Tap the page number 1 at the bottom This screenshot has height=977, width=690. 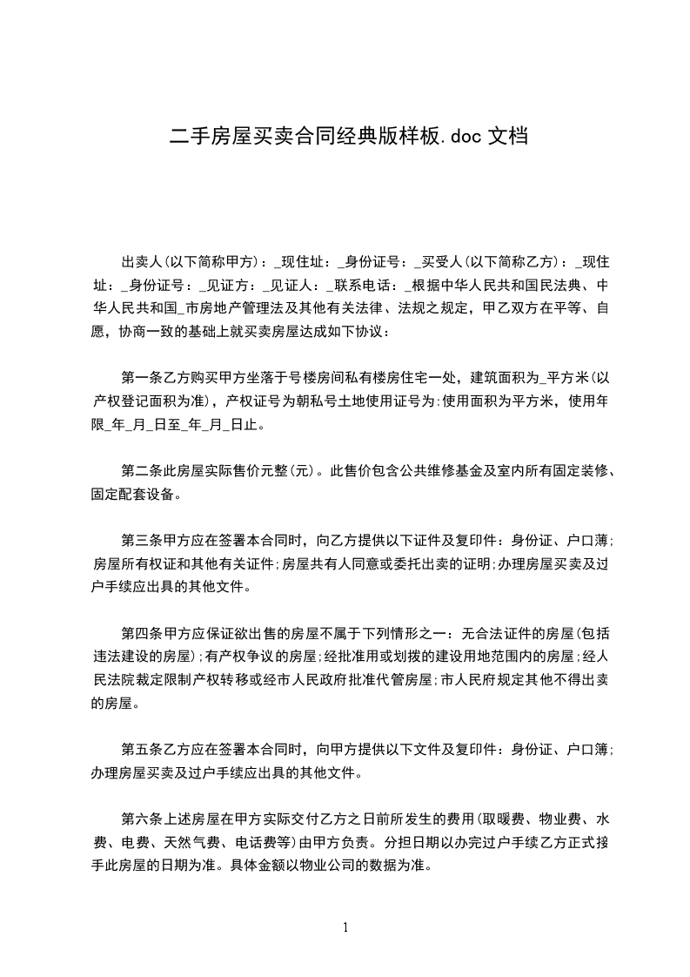point(345,926)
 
